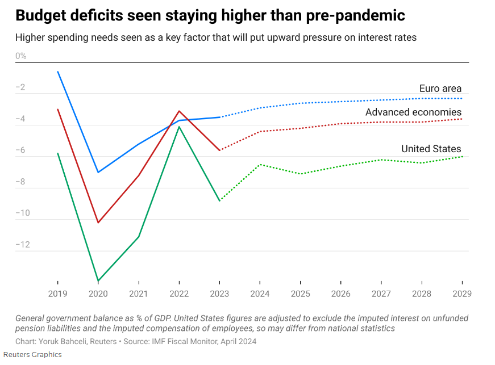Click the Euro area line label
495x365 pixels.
click(x=440, y=89)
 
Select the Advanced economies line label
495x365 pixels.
click(x=413, y=112)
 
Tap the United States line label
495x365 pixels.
click(x=431, y=149)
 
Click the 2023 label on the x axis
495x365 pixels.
click(x=219, y=294)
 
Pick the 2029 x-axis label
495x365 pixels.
click(x=461, y=294)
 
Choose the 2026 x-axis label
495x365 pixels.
click(x=340, y=294)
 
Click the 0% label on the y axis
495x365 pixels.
click(x=21, y=56)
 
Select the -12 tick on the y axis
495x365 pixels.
click(x=23, y=245)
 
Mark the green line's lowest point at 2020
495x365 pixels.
click(x=98, y=281)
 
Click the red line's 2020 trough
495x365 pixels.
click(x=98, y=223)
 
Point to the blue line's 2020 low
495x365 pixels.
click(x=98, y=173)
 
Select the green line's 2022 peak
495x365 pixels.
click(x=179, y=127)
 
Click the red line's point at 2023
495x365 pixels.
click(x=219, y=150)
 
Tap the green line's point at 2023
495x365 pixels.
click(x=219, y=201)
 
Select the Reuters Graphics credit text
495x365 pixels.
click(x=32, y=355)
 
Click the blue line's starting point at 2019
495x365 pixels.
click(x=58, y=72)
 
